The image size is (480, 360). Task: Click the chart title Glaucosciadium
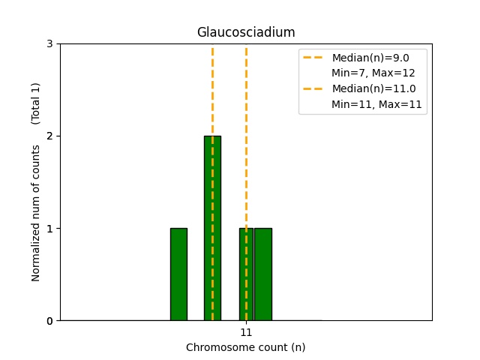pos(246,32)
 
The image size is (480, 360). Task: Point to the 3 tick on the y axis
pos(49,43)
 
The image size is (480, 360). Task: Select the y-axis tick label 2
pos(49,136)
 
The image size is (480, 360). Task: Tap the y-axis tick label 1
pos(49,228)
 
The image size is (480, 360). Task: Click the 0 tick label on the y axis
pos(49,320)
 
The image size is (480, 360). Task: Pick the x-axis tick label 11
pos(246,332)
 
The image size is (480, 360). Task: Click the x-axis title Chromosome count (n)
pos(246,347)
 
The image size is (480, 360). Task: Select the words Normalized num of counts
pos(36,213)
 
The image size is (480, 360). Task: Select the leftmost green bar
pos(178,274)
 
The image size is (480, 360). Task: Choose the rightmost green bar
pos(263,274)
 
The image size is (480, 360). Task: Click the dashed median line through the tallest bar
pos(212,90)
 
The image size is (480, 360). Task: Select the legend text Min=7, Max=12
pos(373,73)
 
